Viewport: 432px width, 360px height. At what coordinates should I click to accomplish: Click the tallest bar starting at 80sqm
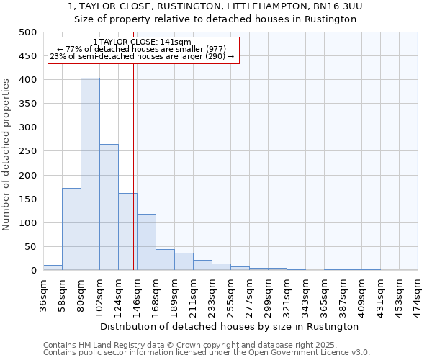tap(90, 174)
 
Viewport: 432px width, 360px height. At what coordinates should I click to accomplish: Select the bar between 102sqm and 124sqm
tap(109, 207)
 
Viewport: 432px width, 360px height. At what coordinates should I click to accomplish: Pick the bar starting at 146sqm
tap(146, 242)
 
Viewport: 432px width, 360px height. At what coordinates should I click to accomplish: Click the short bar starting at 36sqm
tap(53, 267)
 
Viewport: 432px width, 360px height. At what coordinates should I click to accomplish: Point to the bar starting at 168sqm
tap(165, 260)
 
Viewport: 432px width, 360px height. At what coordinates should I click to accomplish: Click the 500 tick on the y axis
tap(27, 32)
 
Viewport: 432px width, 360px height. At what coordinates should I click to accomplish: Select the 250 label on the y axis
tap(27, 151)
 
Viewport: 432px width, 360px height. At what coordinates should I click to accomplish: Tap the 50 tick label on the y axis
tap(30, 247)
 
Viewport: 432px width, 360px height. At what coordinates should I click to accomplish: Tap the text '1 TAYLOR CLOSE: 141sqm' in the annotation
tap(142, 42)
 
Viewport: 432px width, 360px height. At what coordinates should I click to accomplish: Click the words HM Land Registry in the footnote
tap(105, 345)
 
